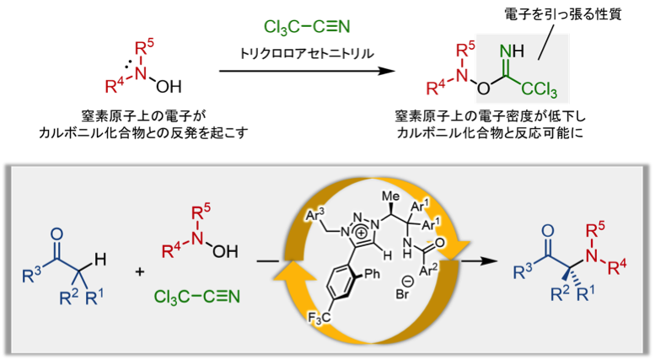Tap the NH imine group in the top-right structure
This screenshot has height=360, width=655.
click(x=512, y=51)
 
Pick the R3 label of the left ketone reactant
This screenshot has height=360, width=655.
click(x=31, y=272)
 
